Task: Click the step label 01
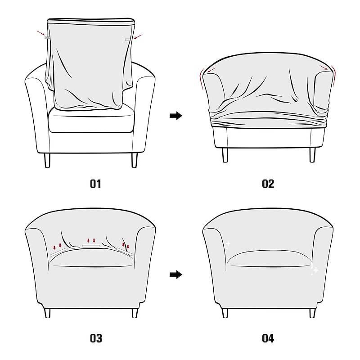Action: point(95,184)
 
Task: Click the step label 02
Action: point(268,184)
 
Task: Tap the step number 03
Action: point(96,338)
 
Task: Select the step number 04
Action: point(268,338)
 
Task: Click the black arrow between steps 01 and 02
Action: point(176,116)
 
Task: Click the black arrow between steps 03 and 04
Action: point(176,274)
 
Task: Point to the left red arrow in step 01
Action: point(40,33)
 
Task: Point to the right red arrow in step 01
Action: point(138,37)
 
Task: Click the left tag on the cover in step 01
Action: point(47,37)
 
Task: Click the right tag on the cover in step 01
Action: point(127,40)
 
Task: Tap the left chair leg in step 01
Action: point(47,160)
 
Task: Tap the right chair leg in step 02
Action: point(312,155)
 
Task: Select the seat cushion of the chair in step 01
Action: point(91,119)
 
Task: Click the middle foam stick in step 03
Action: point(91,246)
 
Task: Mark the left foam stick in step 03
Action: point(59,252)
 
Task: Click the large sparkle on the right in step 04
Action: point(316,270)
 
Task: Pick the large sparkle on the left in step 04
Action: point(228,243)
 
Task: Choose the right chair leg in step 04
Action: point(312,313)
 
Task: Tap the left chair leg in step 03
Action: point(47,313)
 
